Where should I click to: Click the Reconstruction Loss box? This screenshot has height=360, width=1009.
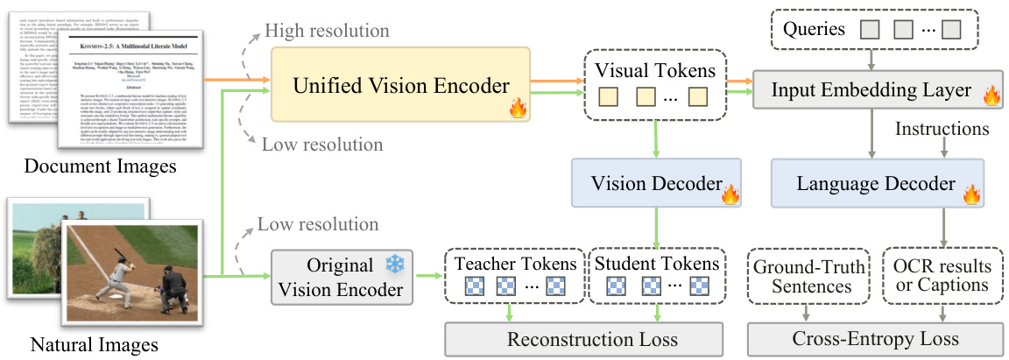tap(584, 339)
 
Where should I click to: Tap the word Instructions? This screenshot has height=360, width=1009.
tap(942, 130)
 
